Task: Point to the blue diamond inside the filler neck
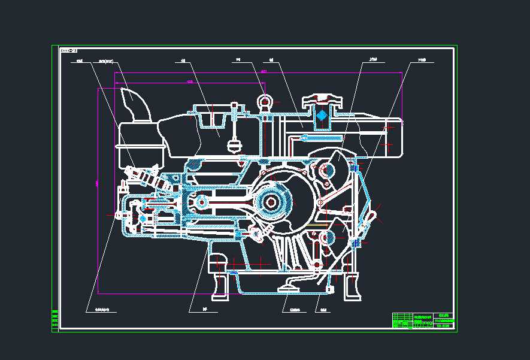click(322, 115)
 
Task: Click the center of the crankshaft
click(272, 202)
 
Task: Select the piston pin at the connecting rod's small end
click(201, 203)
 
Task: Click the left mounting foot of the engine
click(220, 282)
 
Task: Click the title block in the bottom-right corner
click(423, 320)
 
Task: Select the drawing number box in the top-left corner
click(69, 51)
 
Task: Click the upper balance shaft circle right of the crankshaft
click(327, 171)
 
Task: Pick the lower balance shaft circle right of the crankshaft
click(327, 238)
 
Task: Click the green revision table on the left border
click(54, 320)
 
